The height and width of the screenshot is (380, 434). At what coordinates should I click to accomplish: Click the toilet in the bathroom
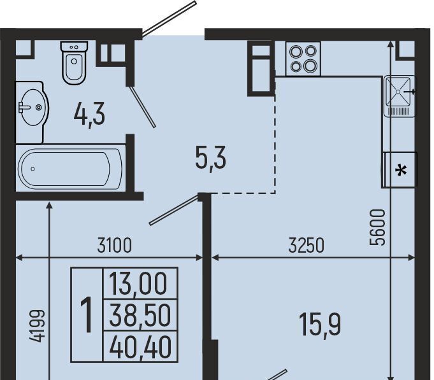pos(74,63)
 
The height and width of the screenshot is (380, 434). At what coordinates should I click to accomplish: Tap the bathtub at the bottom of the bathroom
pos(70,168)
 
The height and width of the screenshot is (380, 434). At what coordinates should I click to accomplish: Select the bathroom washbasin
pos(32,108)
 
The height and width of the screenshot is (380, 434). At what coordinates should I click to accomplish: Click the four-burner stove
pos(303,59)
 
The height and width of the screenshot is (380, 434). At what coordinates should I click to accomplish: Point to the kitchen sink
pos(400,96)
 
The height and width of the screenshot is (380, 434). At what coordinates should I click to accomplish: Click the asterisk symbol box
pos(401,170)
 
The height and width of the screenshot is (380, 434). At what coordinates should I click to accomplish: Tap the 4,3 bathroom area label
pos(89,115)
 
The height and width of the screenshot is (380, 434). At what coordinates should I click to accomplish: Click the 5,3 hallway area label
pos(211,160)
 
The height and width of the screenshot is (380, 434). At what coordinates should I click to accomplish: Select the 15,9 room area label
pos(320,325)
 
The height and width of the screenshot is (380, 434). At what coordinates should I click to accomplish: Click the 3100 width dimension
pos(114,246)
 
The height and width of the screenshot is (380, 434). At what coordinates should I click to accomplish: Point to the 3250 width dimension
pos(306,246)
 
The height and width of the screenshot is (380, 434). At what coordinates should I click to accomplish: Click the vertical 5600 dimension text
pos(377,227)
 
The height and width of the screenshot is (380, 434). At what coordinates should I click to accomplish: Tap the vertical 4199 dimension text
pos(37,325)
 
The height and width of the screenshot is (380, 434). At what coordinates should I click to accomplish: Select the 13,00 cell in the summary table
pos(138,284)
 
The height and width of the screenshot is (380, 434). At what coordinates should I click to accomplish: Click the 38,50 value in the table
pos(140,315)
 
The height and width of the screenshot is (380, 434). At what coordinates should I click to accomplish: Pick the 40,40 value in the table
pos(140,346)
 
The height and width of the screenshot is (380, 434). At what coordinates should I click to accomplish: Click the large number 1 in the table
pos(87,314)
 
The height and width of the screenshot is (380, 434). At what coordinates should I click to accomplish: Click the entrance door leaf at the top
pos(170,18)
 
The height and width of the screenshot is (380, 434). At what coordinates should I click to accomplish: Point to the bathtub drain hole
pos(33,169)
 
